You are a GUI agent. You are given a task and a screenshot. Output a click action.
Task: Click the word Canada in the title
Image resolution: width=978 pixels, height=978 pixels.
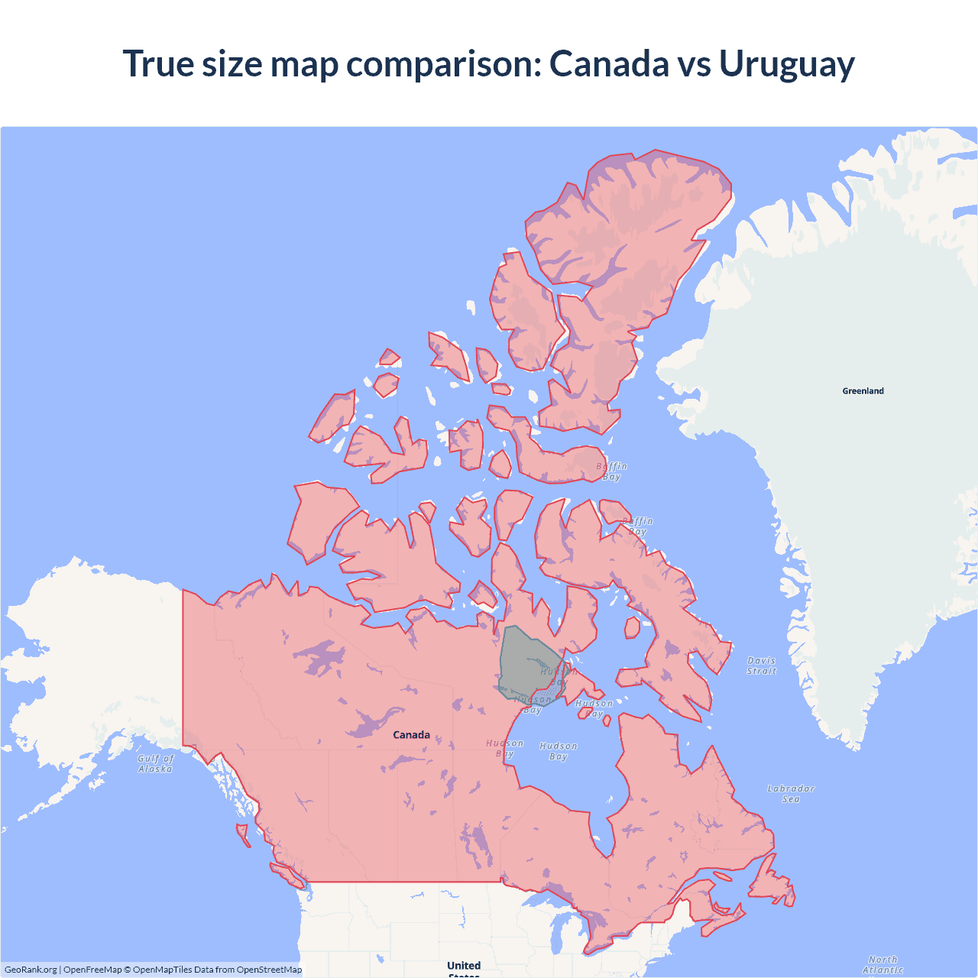tap(609, 63)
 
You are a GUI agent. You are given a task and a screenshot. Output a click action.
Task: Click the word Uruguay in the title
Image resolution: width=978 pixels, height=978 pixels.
tap(786, 63)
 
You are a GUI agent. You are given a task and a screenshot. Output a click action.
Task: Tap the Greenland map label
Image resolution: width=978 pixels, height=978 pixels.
tap(863, 390)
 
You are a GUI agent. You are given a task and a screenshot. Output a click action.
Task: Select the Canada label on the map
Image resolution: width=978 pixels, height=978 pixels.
tap(411, 734)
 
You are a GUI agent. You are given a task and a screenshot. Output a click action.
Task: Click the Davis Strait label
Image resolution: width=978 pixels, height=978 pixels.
tap(761, 665)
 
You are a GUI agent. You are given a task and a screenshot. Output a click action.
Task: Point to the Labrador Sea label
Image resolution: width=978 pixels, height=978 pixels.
tap(791, 793)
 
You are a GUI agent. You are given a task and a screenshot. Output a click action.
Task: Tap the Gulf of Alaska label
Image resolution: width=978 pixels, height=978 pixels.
tap(156, 763)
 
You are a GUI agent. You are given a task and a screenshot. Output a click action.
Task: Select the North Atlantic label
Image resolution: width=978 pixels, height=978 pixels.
tap(882, 964)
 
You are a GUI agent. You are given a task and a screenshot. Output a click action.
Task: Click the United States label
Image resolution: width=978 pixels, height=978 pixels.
tap(464, 967)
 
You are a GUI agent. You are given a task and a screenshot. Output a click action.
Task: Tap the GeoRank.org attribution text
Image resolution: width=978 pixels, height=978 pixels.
tap(31, 970)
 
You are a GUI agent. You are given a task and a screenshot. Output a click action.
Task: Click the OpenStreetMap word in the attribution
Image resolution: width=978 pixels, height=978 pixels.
tap(269, 970)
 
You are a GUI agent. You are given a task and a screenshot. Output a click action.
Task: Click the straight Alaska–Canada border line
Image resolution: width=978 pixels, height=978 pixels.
tap(183, 665)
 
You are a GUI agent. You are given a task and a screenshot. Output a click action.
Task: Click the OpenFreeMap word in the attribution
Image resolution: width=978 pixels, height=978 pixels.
tap(92, 970)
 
